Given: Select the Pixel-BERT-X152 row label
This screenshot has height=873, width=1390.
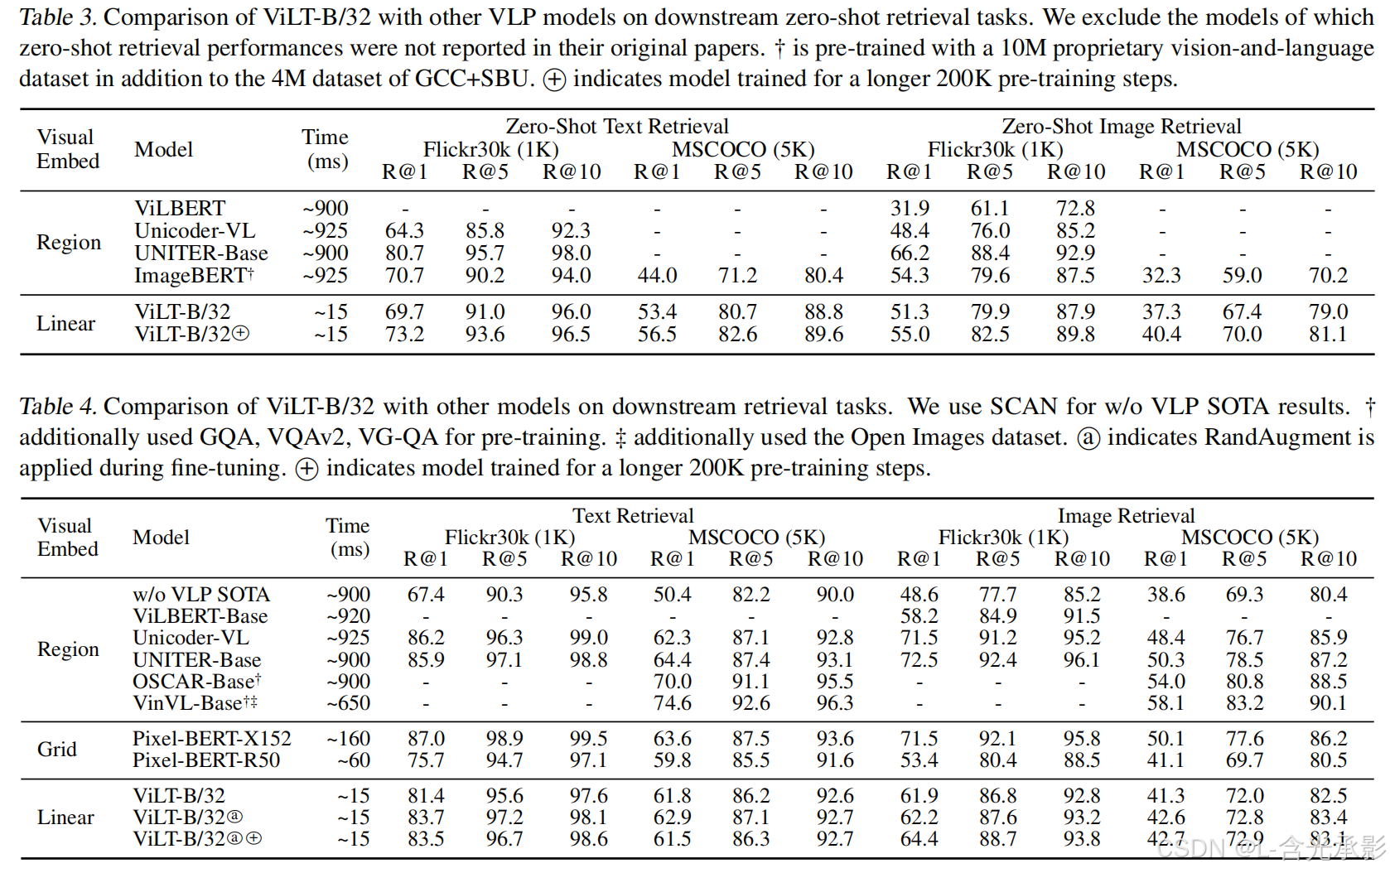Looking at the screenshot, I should (212, 739).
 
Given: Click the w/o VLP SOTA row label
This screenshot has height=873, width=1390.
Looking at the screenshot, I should (201, 595).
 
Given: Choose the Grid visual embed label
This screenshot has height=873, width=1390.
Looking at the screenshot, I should (57, 750).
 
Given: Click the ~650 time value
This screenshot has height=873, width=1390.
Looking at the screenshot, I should (348, 703).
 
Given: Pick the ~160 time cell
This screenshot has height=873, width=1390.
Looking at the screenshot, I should (348, 739).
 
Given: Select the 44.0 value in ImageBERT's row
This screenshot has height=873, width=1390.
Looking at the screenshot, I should (657, 276).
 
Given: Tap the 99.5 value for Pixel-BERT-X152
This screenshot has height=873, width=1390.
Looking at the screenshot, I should (588, 739).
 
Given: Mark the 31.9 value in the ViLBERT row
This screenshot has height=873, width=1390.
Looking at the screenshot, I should (910, 209).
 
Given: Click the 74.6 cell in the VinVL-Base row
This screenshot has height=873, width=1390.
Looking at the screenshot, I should (672, 703).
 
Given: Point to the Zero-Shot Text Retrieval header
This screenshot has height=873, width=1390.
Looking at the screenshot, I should (617, 127).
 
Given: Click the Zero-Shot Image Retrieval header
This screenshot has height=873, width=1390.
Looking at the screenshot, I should (1121, 127).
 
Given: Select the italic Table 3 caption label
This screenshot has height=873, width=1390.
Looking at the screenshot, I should (57, 17).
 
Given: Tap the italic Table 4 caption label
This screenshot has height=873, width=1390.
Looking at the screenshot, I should (57, 407).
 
